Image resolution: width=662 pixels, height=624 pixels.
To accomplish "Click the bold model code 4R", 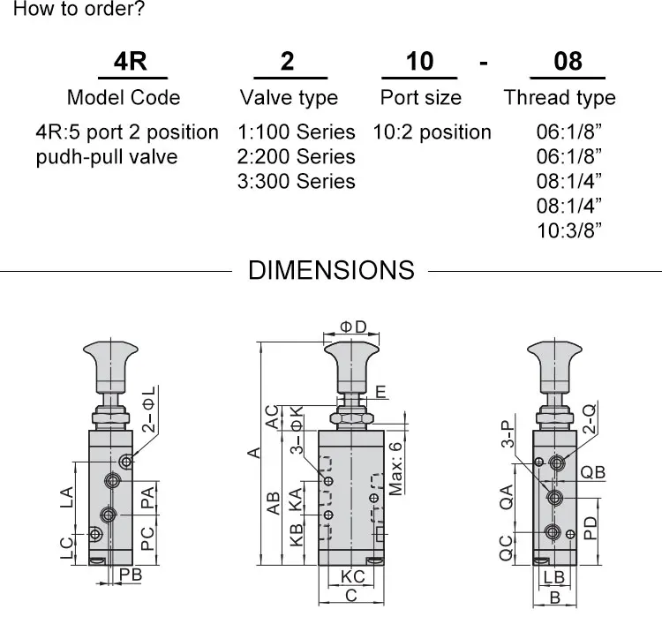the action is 131,61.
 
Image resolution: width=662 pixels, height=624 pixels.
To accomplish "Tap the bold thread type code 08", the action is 568,61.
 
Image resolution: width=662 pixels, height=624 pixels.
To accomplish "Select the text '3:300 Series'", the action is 296,181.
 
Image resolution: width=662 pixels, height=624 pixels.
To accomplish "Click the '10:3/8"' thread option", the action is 568,230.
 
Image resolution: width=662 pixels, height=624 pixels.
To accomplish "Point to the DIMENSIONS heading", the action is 331,270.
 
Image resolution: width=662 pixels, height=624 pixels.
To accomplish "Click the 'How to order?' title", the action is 79,9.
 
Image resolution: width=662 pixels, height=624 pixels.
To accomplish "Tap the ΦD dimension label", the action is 353,327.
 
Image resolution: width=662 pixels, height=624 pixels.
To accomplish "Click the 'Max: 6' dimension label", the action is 395,469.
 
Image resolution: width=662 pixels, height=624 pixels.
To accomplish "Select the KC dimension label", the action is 352,576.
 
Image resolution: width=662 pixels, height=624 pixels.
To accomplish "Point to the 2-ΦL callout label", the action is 148,409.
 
